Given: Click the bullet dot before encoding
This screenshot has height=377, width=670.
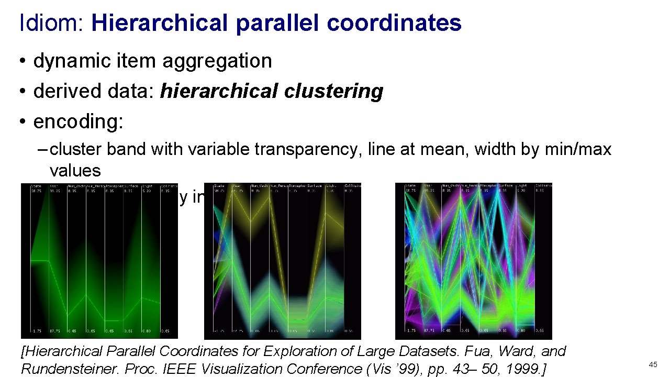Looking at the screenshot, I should coord(24,122).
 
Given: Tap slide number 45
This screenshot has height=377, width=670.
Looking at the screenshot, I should coord(653,364).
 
